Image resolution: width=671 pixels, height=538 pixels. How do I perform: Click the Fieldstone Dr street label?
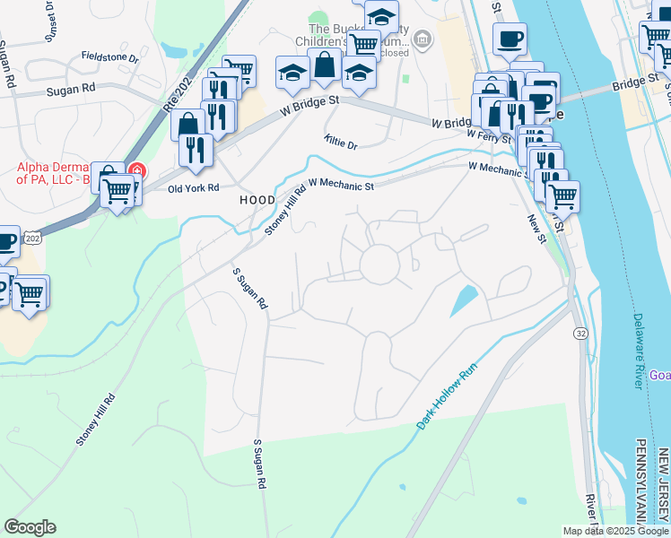tap(109, 58)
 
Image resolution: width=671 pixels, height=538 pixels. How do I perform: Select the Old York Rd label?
tap(195, 188)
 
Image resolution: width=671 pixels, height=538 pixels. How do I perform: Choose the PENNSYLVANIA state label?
tap(641, 484)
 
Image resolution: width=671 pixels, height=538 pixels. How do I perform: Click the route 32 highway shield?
tap(581, 333)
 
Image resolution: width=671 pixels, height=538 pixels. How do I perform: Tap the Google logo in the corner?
tap(30, 527)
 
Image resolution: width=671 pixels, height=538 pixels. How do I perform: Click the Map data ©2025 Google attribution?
tap(614, 531)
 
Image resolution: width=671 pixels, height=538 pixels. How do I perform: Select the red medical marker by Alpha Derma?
tap(136, 169)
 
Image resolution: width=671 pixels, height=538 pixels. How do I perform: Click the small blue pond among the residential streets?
tap(463, 299)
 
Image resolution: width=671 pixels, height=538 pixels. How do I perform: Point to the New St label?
tap(536, 228)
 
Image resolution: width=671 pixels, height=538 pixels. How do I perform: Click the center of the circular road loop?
tap(379, 265)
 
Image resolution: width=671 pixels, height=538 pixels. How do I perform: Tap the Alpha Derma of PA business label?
tap(54, 173)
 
